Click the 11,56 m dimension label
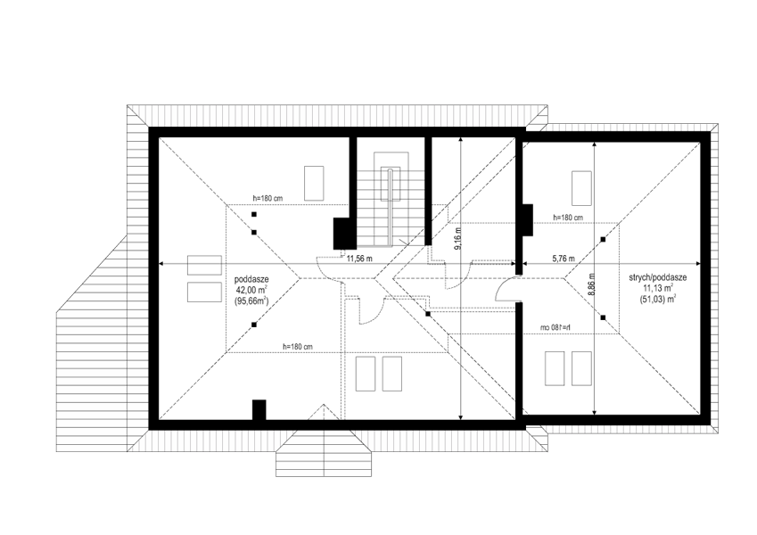click(x=359, y=259)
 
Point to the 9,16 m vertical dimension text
click(x=458, y=239)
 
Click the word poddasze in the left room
click(x=251, y=280)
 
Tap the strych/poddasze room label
click(x=657, y=277)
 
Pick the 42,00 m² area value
click(x=251, y=290)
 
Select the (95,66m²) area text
click(x=251, y=300)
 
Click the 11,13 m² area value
click(x=657, y=288)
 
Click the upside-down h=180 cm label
click(x=555, y=328)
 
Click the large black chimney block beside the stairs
click(x=345, y=234)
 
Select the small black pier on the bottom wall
click(x=259, y=410)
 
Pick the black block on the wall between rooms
click(x=527, y=219)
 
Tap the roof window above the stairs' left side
click(x=314, y=183)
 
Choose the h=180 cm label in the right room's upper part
click(x=568, y=218)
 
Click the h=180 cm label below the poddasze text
click(x=298, y=347)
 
